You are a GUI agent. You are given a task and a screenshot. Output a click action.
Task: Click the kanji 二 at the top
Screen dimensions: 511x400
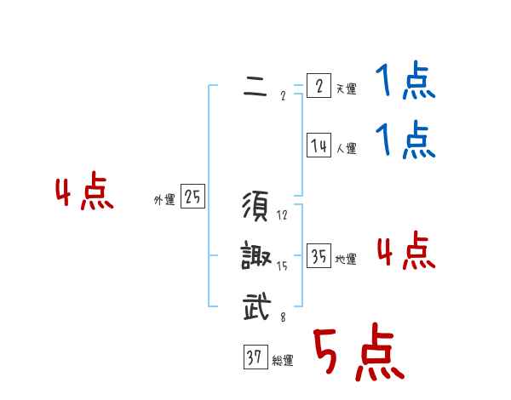(x=255, y=87)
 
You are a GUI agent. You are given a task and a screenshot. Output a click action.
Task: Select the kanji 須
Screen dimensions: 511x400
(x=256, y=207)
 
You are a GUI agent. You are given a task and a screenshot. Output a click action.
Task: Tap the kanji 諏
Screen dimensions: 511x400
(x=256, y=256)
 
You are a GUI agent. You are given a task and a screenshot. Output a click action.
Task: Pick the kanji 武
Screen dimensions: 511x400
(x=256, y=306)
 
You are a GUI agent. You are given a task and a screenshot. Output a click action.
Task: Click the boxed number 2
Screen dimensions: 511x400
(x=319, y=87)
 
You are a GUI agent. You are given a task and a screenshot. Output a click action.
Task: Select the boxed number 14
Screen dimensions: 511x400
(x=319, y=146)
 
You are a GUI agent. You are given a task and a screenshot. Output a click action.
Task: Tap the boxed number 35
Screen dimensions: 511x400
(x=319, y=257)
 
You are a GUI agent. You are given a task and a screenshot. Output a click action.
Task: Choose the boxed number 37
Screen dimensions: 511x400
(x=255, y=358)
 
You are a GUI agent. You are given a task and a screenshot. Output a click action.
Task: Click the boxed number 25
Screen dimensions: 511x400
(x=192, y=197)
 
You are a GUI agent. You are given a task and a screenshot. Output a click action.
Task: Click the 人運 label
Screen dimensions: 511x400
(x=346, y=149)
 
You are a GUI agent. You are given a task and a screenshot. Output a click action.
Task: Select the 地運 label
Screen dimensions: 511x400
(x=346, y=260)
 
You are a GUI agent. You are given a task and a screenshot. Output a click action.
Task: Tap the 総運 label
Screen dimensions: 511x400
(x=283, y=361)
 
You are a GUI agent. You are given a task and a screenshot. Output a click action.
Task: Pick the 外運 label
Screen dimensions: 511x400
(x=164, y=200)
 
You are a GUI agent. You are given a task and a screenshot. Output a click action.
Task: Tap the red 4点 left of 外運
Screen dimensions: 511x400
(x=84, y=192)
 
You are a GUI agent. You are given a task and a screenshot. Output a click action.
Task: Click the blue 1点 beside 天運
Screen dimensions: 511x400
(x=405, y=83)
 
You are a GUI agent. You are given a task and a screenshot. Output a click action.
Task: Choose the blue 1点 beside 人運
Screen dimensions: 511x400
(x=405, y=141)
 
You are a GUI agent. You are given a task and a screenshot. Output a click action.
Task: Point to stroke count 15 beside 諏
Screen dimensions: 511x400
(x=282, y=266)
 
